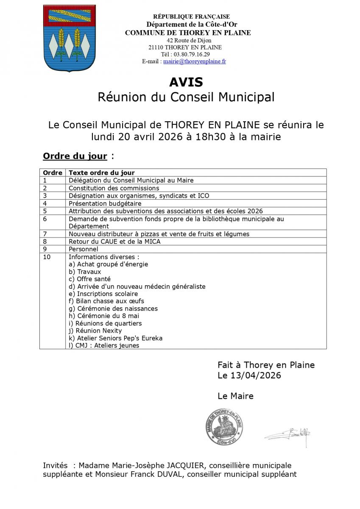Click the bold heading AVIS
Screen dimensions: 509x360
pyautogui.click(x=186, y=82)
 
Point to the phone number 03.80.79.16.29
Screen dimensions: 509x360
pyautogui.click(x=191, y=54)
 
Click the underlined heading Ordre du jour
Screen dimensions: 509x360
pyautogui.click(x=75, y=156)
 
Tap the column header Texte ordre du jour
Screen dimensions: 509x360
pyautogui.click(x=102, y=173)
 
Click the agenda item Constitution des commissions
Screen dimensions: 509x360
pyautogui.click(x=114, y=188)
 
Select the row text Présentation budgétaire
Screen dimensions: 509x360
pyautogui.click(x=105, y=203)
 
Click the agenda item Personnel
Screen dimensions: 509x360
pyautogui.click(x=83, y=249)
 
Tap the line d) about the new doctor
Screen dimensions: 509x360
pyautogui.click(x=137, y=286)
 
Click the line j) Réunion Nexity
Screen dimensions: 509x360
pyautogui.click(x=95, y=330)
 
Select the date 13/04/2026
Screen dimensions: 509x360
pyautogui.click(x=255, y=375)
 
